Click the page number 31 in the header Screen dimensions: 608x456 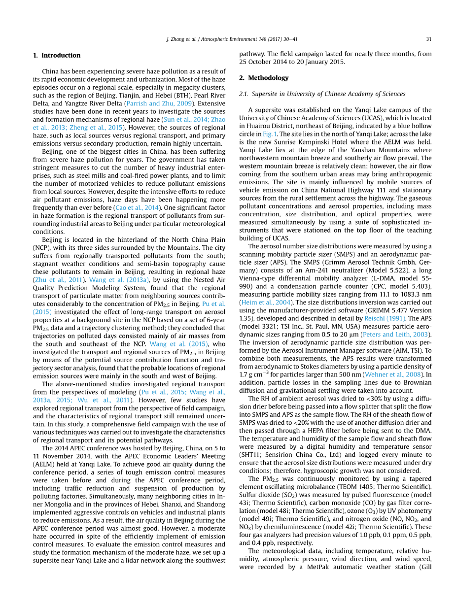(428, 39)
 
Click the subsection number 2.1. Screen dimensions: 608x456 (243, 94)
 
